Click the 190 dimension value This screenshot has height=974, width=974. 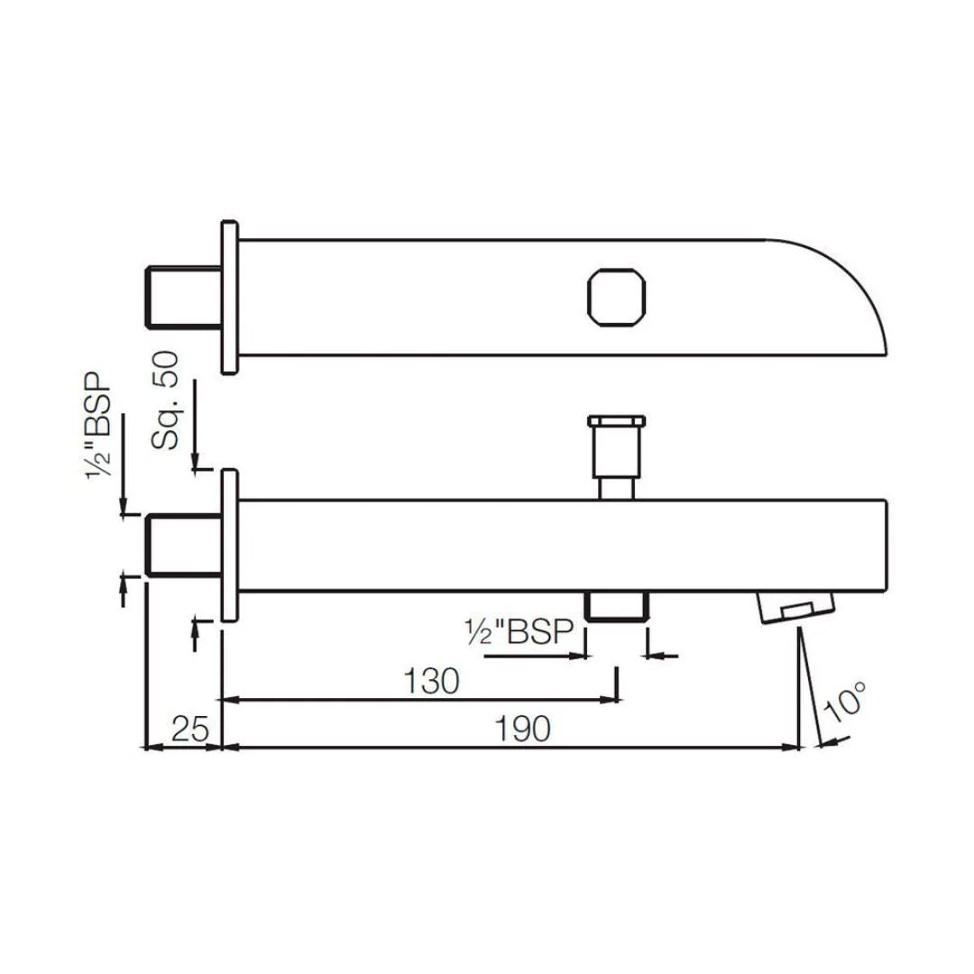click(523, 729)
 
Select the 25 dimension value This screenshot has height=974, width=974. click(189, 729)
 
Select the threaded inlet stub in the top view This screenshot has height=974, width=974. click(184, 295)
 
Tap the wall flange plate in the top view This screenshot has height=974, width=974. click(229, 296)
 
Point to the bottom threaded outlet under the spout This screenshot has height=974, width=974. click(617, 606)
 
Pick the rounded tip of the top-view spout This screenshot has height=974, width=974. click(857, 289)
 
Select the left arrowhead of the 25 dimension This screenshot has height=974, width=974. click(151, 747)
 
